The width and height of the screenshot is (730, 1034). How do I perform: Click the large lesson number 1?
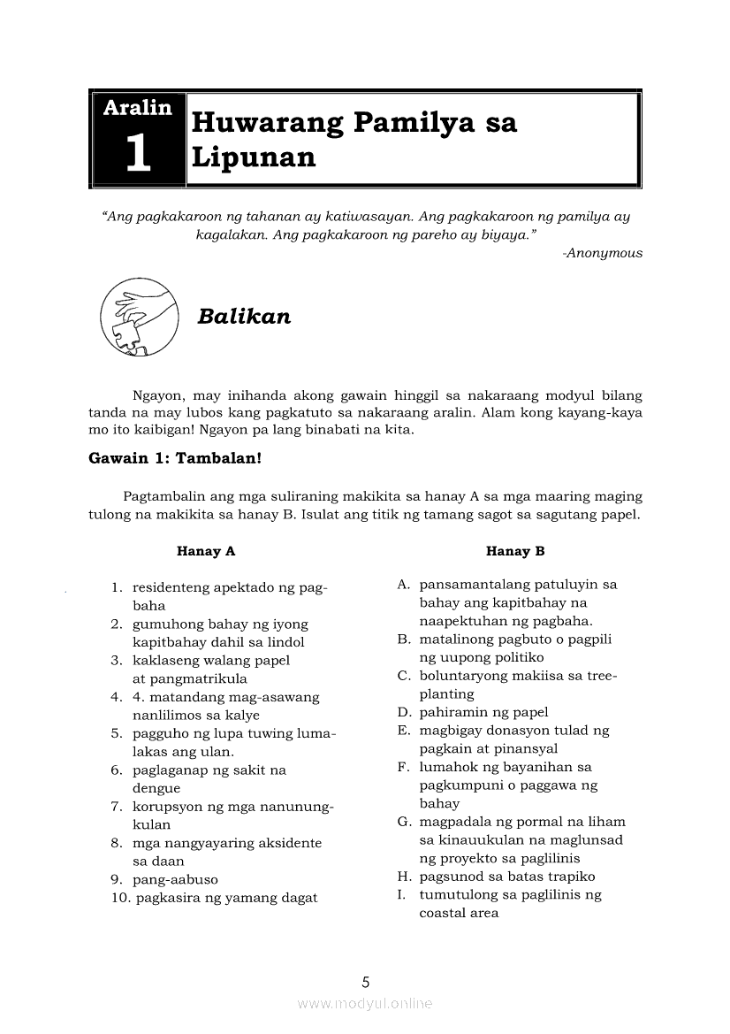pyautogui.click(x=138, y=153)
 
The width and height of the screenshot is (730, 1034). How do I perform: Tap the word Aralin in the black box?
pyautogui.click(x=138, y=108)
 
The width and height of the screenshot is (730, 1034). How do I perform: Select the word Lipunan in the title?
pyautogui.click(x=254, y=157)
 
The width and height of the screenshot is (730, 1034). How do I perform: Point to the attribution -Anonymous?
pyautogui.click(x=602, y=253)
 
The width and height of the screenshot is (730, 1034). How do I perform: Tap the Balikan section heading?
pyautogui.click(x=244, y=317)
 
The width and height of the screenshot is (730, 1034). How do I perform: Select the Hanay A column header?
pyautogui.click(x=206, y=551)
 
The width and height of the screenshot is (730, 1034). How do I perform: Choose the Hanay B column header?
pyautogui.click(x=515, y=551)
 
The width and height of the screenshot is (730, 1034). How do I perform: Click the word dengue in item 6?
pyautogui.click(x=156, y=788)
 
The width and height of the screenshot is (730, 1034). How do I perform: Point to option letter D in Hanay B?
pyautogui.click(x=403, y=712)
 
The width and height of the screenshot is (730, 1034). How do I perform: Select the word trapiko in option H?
pyautogui.click(x=571, y=877)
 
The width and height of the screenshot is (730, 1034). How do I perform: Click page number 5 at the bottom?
pyautogui.click(x=365, y=981)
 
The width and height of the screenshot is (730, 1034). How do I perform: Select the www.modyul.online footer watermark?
pyautogui.click(x=365, y=1003)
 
